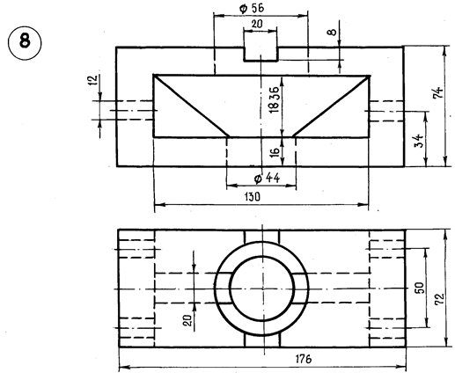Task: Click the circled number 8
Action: [25, 42]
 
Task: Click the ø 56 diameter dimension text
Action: [252, 8]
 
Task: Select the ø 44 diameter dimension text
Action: [267, 178]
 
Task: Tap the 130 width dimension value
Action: [253, 197]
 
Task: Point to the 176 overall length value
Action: [304, 359]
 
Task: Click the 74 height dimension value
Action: [438, 92]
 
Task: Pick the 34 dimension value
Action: [421, 141]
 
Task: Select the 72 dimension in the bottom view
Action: [439, 299]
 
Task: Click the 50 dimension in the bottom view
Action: [420, 288]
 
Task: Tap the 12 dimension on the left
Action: [92, 80]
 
